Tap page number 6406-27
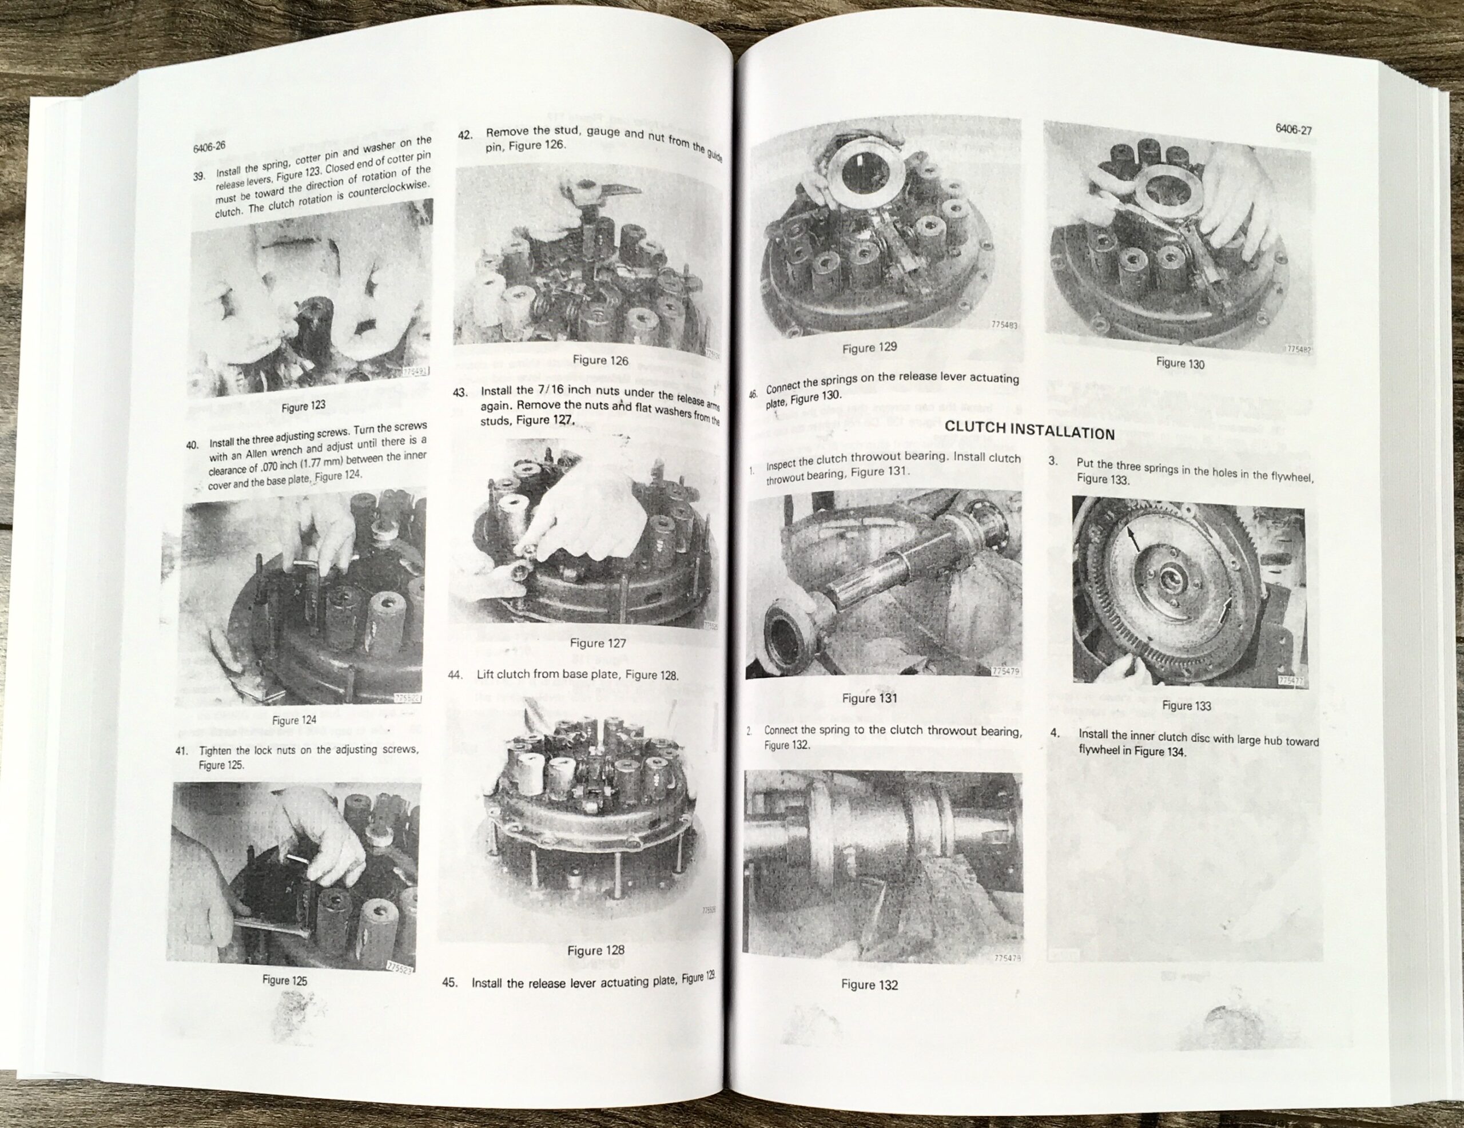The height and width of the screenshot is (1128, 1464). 1293,129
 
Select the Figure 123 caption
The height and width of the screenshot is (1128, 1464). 303,406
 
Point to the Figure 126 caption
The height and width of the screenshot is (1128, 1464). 600,360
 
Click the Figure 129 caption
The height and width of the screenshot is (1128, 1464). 869,348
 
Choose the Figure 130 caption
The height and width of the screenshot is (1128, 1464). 1180,363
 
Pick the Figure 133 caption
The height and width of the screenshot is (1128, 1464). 1187,705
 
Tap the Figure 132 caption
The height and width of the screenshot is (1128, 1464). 869,984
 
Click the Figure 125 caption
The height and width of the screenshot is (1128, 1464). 284,980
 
